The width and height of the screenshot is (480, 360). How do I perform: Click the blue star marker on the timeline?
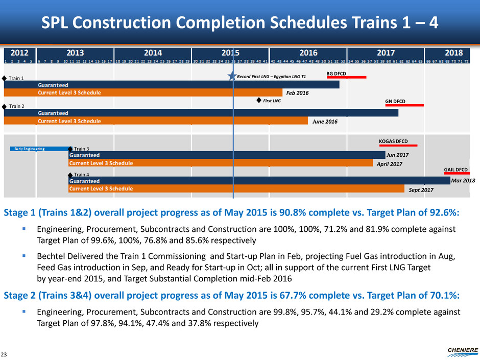233,77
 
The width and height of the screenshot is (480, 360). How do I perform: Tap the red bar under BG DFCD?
347,78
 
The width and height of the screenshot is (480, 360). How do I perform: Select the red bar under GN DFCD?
404,106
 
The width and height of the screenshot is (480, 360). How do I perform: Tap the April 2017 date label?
389,164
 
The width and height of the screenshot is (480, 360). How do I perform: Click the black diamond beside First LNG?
259,101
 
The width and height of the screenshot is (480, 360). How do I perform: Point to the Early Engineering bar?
39,149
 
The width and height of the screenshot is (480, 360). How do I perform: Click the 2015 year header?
230,53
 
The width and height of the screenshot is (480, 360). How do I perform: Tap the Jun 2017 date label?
397,154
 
